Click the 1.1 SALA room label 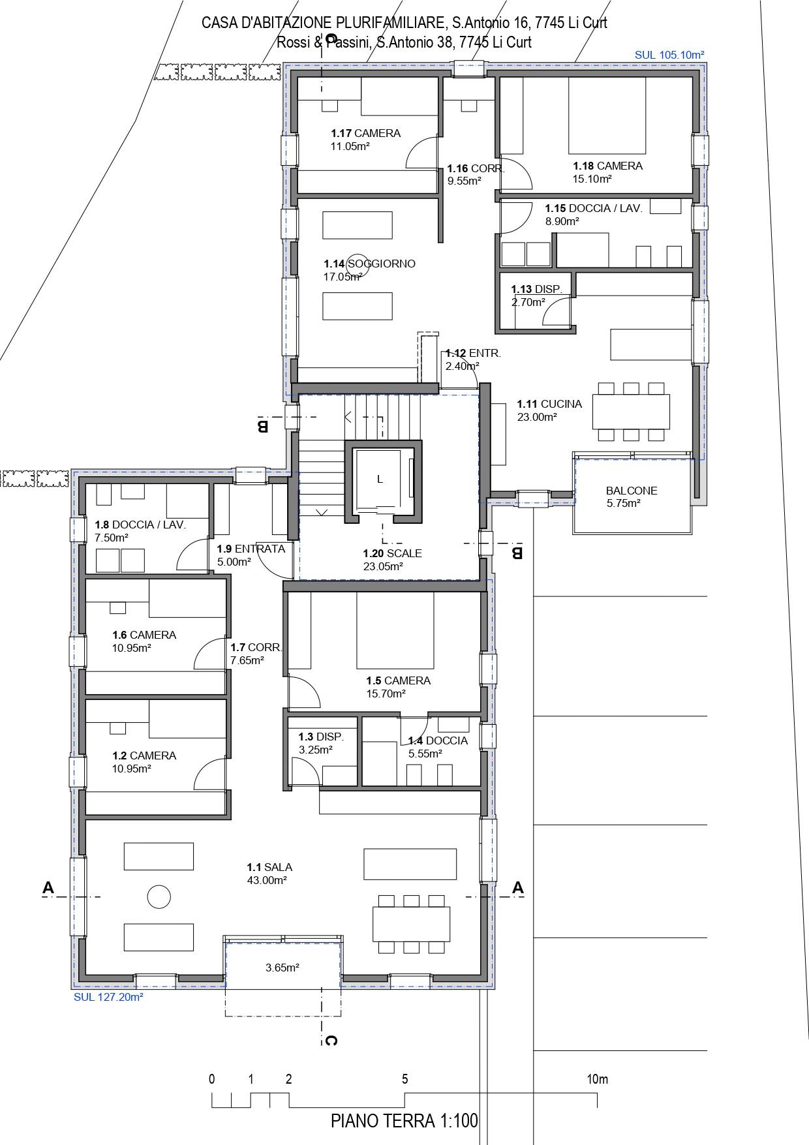(269, 867)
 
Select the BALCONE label (632, 491)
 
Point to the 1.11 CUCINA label (549, 404)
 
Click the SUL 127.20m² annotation (108, 997)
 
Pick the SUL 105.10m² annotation (669, 55)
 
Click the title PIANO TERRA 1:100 (404, 1121)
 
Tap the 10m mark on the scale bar (598, 1079)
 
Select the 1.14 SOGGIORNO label (369, 264)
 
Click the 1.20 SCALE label (392, 553)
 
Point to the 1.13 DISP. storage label (536, 289)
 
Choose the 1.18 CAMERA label (607, 166)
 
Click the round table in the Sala (159, 896)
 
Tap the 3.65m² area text (282, 968)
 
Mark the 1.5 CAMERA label (398, 680)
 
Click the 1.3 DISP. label (321, 737)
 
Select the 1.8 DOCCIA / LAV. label (140, 525)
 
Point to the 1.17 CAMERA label (365, 133)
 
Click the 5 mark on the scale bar (404, 1079)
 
